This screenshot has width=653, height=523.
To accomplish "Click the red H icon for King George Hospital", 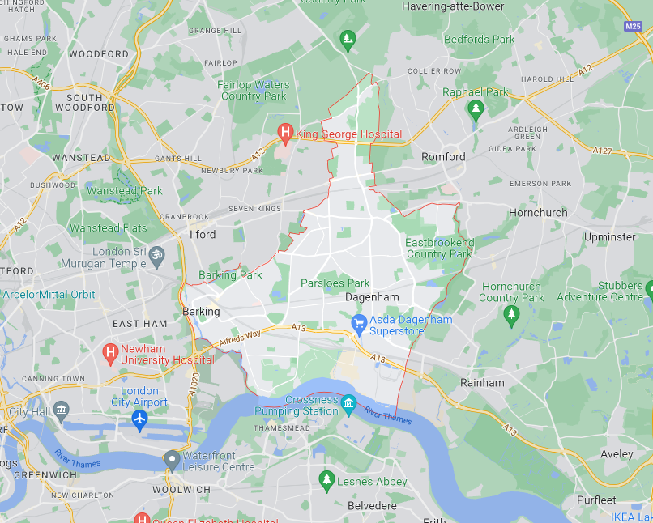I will click(x=285, y=132).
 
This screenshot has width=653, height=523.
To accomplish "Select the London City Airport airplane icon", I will click(x=139, y=419).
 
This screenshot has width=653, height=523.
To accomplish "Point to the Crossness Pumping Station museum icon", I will click(x=348, y=402).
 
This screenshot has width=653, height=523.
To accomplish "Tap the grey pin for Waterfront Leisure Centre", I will click(x=171, y=459).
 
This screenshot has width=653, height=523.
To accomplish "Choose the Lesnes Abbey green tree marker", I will click(x=326, y=480).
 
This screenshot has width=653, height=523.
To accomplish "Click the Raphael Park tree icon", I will click(x=476, y=108).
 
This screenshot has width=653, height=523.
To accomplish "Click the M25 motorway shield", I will click(x=633, y=26).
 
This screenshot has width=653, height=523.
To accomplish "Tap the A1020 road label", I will click(x=194, y=385).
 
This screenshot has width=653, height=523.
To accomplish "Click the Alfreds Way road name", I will click(x=240, y=338).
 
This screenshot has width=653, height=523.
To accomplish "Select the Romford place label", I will click(x=443, y=156).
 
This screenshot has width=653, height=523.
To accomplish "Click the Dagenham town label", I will click(x=372, y=297).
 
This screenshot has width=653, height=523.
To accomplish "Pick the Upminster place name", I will click(x=610, y=237).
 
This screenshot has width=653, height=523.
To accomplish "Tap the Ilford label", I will click(x=203, y=235).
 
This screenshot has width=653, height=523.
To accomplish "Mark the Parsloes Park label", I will click(x=335, y=283).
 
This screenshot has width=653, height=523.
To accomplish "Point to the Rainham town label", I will click(x=482, y=382).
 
